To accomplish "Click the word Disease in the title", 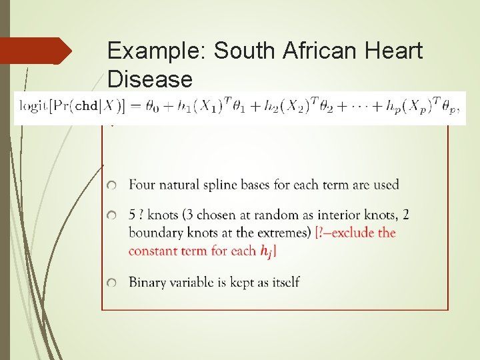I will pyautogui.click(x=149, y=80).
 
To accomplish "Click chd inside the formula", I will pyautogui.click(x=87, y=106).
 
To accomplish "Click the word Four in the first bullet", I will pyautogui.click(x=142, y=185).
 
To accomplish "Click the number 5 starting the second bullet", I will pyautogui.click(x=133, y=215).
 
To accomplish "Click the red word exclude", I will pyautogui.click(x=352, y=233).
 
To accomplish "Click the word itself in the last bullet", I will pyautogui.click(x=283, y=282).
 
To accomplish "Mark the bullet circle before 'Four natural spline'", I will pyautogui.click(x=113, y=185).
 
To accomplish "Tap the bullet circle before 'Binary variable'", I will pyautogui.click(x=113, y=283).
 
